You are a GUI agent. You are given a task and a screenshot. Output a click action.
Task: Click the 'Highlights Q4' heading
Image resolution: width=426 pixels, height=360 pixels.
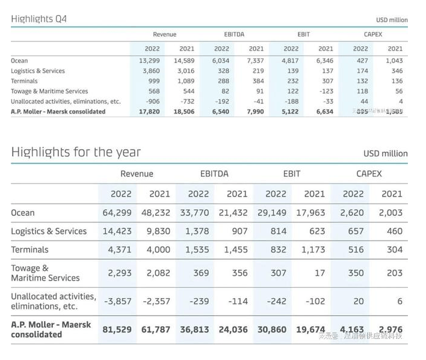tap(39, 19)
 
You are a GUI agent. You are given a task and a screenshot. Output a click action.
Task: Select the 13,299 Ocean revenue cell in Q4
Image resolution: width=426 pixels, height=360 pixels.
tap(149, 61)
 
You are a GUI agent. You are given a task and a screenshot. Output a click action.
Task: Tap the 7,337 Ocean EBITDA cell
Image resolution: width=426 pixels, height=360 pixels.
tap(253, 61)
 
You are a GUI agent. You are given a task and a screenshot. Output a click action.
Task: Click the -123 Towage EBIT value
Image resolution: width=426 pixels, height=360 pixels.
tap(325, 91)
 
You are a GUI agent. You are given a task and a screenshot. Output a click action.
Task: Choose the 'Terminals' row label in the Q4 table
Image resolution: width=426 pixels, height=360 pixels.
tap(24, 81)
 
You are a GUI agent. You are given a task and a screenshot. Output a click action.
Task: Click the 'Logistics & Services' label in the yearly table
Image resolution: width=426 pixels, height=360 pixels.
tap(49, 231)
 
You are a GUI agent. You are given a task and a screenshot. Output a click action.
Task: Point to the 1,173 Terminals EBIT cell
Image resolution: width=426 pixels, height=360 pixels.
tap(312, 249)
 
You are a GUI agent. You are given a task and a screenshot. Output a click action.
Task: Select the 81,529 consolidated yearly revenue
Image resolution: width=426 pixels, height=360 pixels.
tap(117, 330)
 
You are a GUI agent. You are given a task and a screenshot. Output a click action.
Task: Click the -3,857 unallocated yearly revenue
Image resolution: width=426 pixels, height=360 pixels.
tap(117, 301)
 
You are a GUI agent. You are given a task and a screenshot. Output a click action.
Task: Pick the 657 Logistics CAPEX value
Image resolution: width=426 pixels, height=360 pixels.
tap(356, 231)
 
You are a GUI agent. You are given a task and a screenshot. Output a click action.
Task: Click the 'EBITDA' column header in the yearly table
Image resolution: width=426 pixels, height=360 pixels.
tap(215, 174)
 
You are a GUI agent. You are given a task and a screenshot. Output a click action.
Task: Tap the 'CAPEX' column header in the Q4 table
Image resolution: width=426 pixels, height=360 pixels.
tap(373, 34)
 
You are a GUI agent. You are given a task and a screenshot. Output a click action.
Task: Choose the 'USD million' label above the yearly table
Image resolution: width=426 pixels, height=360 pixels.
tap(385, 153)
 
